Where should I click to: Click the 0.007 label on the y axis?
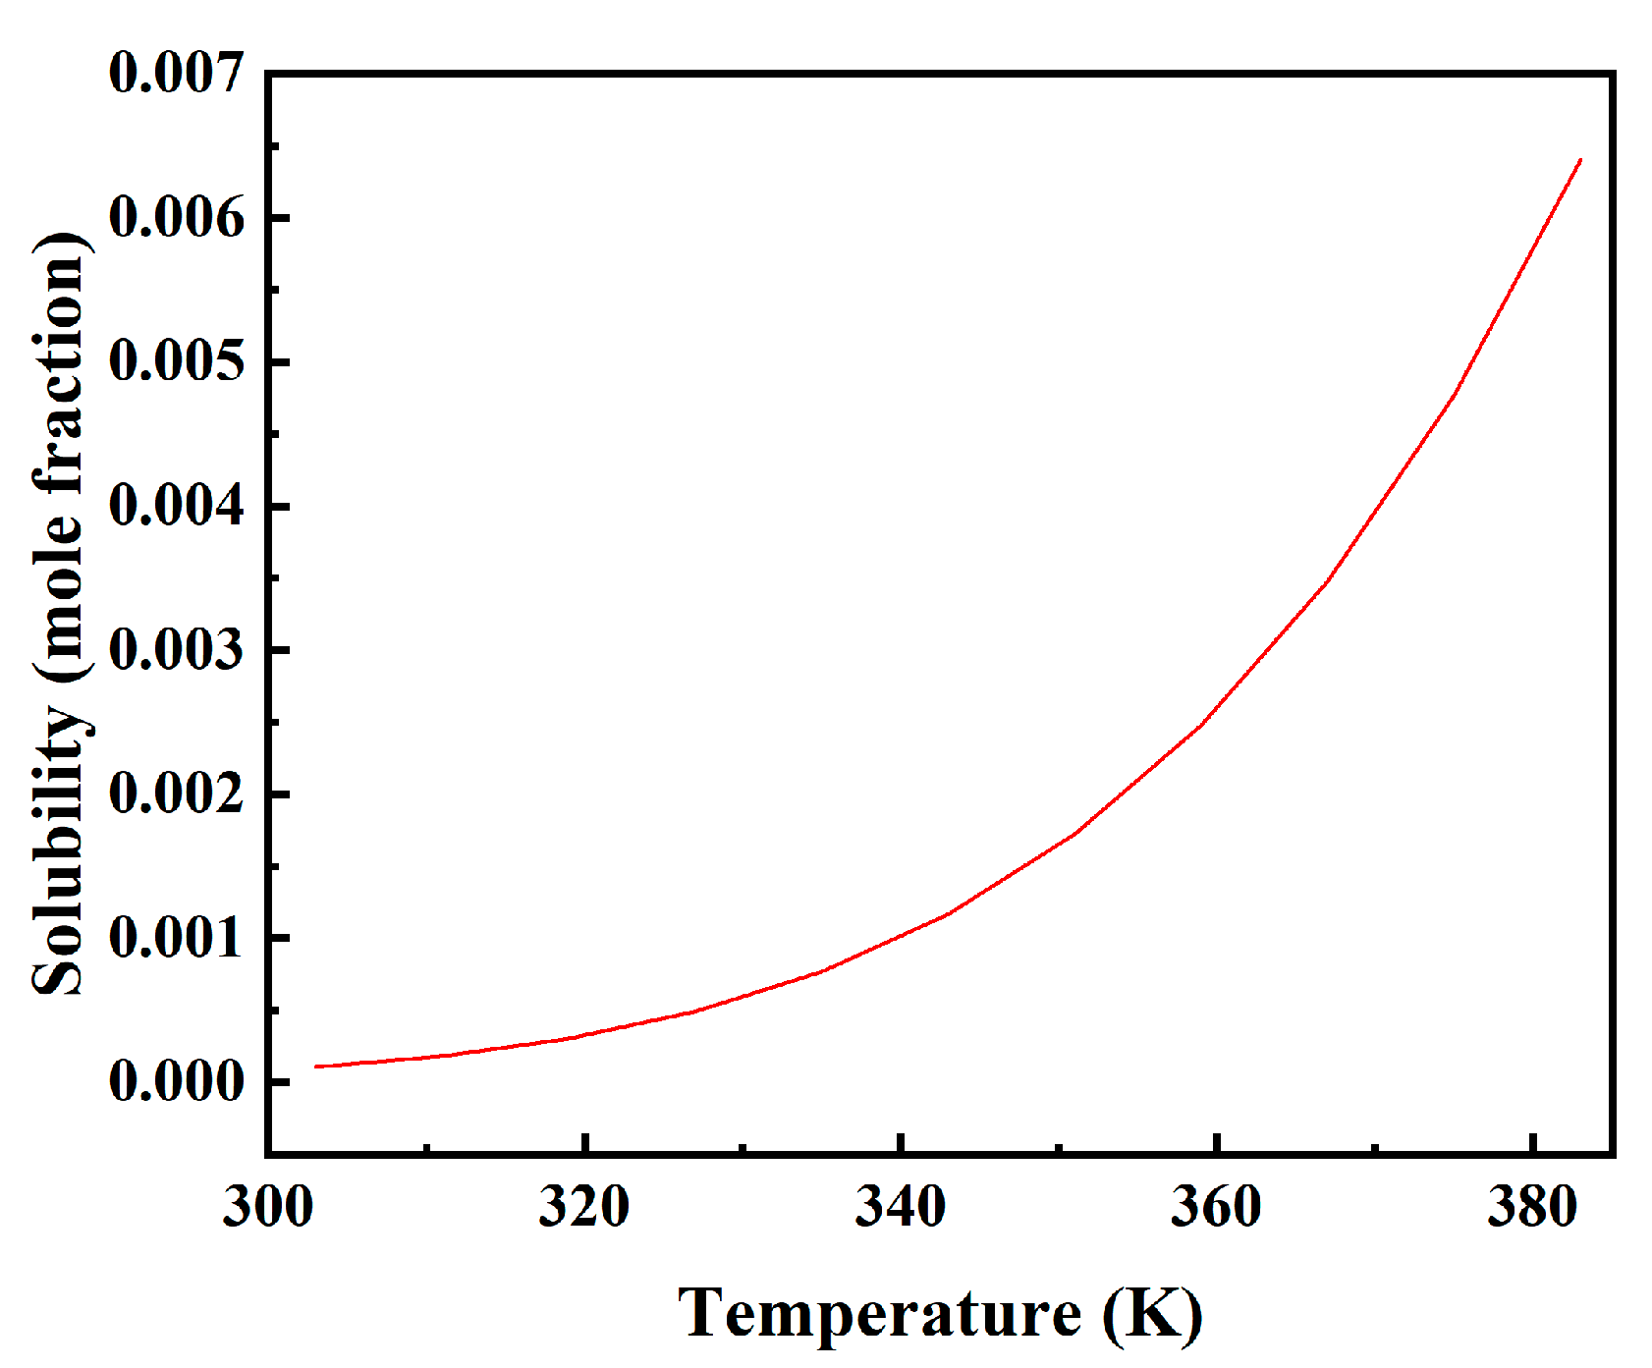(x=176, y=74)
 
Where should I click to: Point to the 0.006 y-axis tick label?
(x=176, y=218)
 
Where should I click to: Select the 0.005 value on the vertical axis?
(x=176, y=362)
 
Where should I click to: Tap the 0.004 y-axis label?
(x=176, y=507)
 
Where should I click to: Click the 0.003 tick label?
(x=176, y=650)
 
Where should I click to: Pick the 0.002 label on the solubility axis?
(x=176, y=794)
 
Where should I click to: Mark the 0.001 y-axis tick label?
(x=176, y=939)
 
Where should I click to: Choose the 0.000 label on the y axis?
(x=176, y=1082)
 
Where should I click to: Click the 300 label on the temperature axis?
(x=267, y=1207)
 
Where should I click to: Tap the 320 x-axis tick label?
(x=583, y=1207)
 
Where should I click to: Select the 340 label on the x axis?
(x=900, y=1207)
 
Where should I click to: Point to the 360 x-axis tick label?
(x=1216, y=1207)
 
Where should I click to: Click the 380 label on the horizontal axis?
(x=1532, y=1207)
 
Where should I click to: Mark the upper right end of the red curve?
(x=1579, y=160)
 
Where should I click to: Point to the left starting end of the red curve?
(x=316, y=1067)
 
